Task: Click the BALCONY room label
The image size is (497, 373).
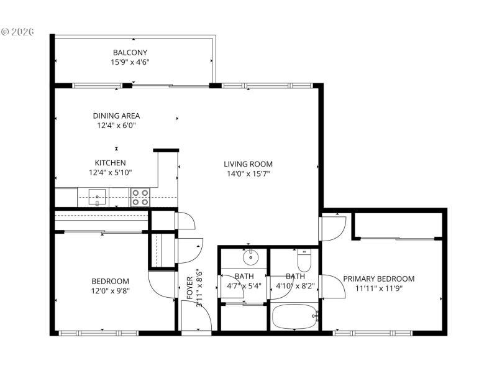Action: [x=130, y=52]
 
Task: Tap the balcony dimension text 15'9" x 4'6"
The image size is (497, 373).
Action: [x=130, y=62]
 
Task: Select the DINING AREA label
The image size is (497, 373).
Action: [x=116, y=116]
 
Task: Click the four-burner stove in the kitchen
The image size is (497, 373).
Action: [x=140, y=198]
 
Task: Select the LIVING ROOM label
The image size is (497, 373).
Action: [x=248, y=164]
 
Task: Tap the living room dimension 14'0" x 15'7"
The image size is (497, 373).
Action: [x=248, y=173]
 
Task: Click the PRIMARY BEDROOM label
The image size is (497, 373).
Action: [x=378, y=279]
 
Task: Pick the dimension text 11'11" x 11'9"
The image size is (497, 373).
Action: [x=378, y=288]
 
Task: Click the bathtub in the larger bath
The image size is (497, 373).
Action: [x=295, y=317]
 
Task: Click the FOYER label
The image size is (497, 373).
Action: [x=190, y=288]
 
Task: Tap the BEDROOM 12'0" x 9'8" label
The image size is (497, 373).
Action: [x=111, y=281]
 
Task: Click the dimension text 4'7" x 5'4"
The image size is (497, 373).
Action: [x=243, y=287]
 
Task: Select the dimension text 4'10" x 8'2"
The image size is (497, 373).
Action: [x=295, y=287]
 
